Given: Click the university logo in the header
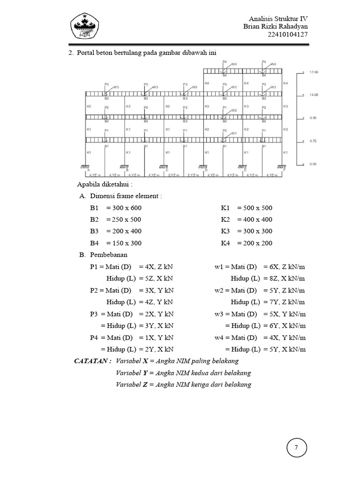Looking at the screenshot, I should [86, 26].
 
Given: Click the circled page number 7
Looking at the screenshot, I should [296, 448].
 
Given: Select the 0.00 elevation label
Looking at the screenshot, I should [312, 164].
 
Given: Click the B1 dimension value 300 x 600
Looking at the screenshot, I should [124, 208].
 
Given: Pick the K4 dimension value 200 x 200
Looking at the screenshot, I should [255, 243].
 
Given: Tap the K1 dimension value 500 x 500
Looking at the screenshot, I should [255, 208].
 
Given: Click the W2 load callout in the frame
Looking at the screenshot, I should [234, 110].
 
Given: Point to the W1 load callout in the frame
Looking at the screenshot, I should [234, 133].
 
